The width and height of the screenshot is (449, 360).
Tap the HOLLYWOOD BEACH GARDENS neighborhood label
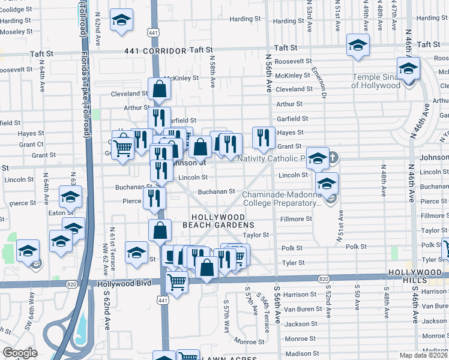[218, 221]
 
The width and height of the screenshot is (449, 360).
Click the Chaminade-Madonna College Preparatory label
[280, 199]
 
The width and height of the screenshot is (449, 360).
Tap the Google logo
[20, 353]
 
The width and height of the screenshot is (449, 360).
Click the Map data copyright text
[424, 355]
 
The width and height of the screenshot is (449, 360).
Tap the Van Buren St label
[300, 309]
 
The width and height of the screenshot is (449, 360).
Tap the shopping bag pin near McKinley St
[160, 89]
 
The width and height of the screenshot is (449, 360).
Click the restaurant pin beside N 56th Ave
[264, 137]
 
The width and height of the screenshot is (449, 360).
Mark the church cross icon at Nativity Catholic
[332, 158]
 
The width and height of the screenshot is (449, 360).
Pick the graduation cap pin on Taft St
[358, 46]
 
